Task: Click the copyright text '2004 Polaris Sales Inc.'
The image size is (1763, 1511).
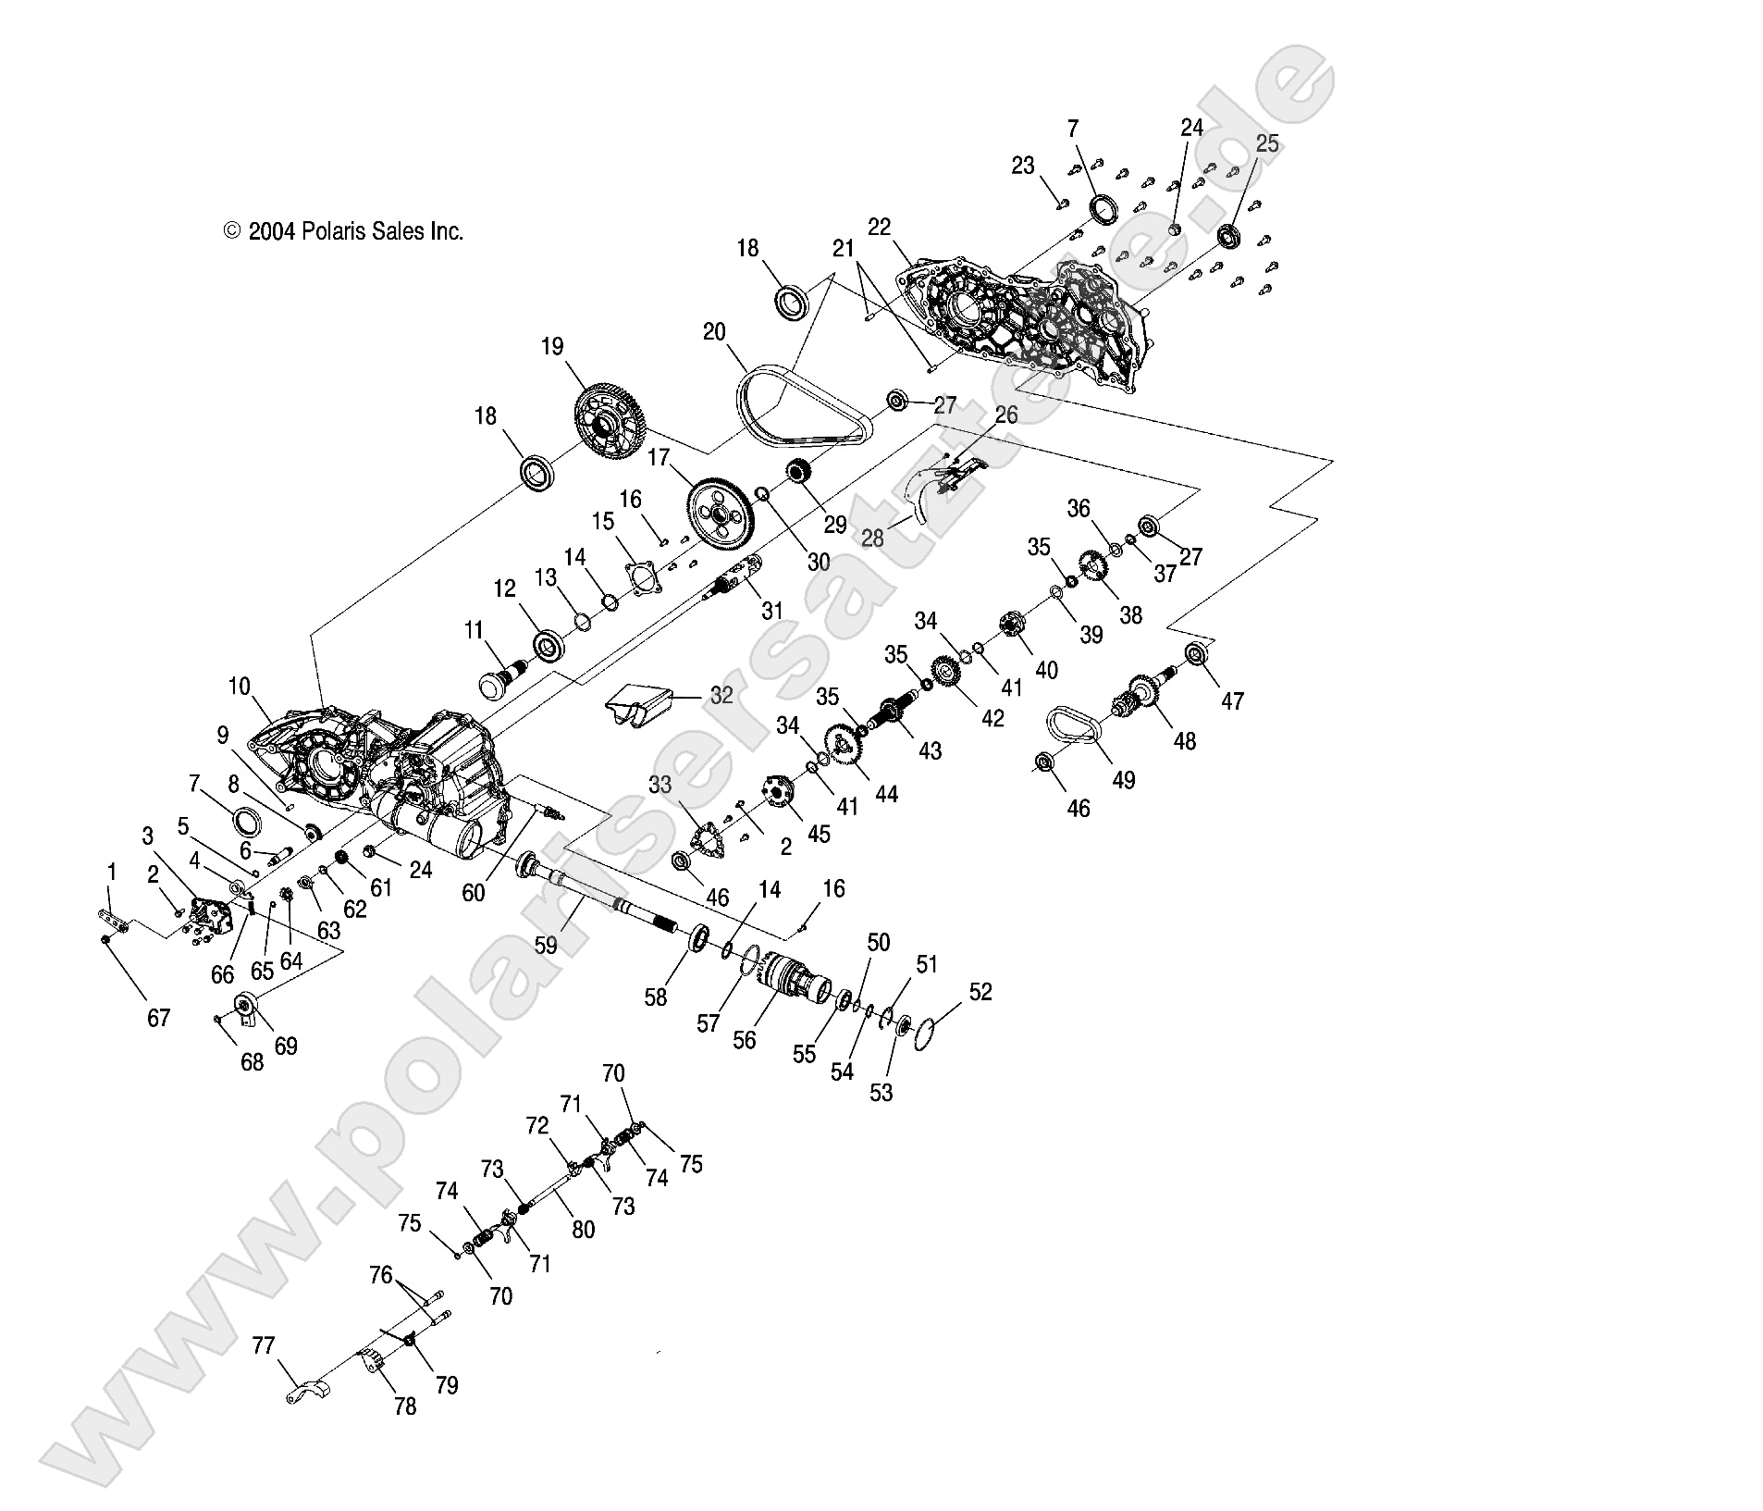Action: click(x=344, y=231)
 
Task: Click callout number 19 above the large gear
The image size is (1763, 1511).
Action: click(x=552, y=347)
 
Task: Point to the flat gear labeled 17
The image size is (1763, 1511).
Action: click(x=721, y=514)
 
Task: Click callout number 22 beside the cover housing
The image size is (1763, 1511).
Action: click(x=879, y=227)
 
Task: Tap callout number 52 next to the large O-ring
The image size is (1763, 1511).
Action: click(x=980, y=992)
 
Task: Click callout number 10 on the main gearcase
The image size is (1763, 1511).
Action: click(x=239, y=687)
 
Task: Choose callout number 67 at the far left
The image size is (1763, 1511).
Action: click(x=158, y=1018)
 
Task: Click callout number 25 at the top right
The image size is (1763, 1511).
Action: click(x=1266, y=143)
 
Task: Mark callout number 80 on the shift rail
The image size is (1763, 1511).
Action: click(x=583, y=1230)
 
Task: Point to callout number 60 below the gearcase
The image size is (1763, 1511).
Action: click(x=474, y=892)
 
